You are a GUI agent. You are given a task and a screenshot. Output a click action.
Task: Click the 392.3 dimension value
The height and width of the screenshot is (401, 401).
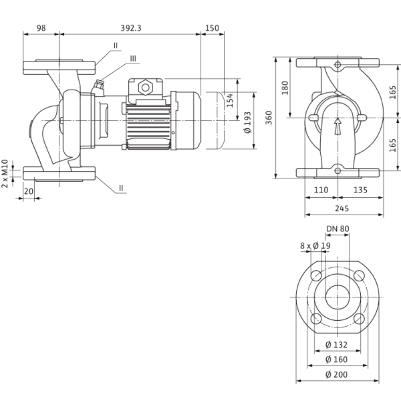131,28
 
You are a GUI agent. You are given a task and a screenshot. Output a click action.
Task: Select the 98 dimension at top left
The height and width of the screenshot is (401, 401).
41,28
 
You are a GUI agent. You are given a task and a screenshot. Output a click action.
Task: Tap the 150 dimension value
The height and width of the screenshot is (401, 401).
212,28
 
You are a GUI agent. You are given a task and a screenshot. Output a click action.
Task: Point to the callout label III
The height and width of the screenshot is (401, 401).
133,59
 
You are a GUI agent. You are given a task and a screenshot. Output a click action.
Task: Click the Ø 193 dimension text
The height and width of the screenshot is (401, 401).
247,122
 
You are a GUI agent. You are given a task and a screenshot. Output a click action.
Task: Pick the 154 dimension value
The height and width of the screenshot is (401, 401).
230,100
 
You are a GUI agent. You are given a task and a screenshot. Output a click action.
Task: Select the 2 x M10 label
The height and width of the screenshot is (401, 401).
5,173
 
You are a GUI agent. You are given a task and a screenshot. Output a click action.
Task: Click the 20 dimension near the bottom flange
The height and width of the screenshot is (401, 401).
29,191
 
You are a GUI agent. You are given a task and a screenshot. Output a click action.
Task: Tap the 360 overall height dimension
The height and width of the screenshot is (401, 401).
269,118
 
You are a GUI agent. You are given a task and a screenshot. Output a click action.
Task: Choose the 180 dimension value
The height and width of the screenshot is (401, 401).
285,88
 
